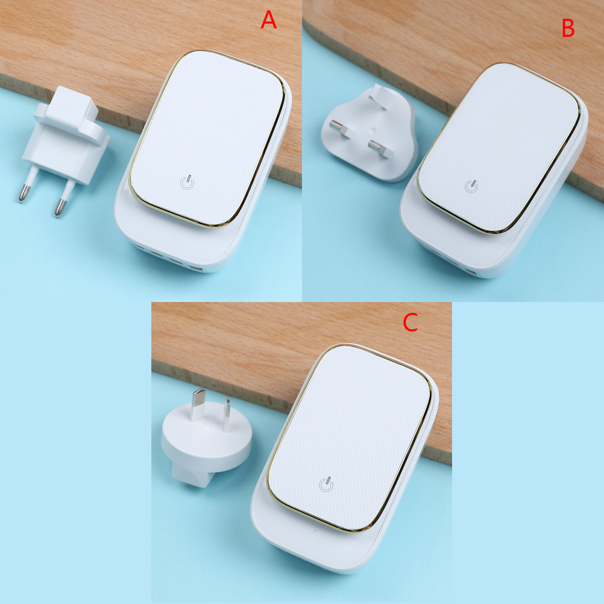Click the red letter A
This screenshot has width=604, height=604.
point(268,20)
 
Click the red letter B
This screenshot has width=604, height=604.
point(568,28)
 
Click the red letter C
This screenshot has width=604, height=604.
point(411,322)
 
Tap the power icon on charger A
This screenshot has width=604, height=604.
point(187,182)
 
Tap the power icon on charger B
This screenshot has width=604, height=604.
point(471,186)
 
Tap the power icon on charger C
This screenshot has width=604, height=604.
point(326,485)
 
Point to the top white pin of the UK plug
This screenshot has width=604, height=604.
point(377,97)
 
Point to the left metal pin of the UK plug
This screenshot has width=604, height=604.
point(339,128)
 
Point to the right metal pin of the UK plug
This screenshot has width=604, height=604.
point(379,149)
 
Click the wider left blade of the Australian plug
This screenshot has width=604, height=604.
point(198,404)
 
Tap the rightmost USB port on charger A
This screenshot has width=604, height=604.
point(197,268)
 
